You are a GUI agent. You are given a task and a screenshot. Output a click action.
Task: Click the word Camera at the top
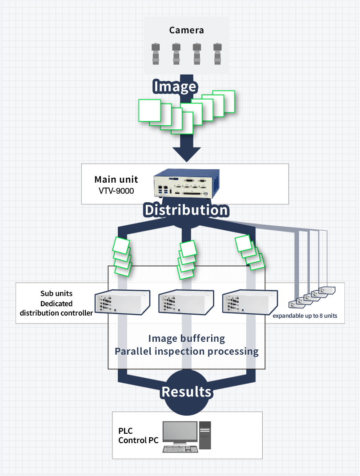[186, 30]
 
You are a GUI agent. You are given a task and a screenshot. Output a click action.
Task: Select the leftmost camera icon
[156, 54]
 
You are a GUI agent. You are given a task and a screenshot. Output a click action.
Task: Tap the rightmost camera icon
[217, 54]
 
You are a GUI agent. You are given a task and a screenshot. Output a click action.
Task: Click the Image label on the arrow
[175, 86]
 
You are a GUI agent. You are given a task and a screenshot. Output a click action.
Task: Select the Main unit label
[116, 180]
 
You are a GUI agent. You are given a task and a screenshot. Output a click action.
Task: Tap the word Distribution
[186, 210]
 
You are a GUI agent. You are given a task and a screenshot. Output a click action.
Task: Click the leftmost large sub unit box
[121, 302]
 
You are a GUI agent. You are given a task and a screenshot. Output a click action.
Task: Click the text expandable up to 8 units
[305, 316]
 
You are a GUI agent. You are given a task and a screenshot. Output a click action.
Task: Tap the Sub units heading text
[56, 293]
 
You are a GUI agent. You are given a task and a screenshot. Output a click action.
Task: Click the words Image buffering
[186, 338]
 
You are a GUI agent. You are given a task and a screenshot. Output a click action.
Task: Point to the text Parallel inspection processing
[186, 351]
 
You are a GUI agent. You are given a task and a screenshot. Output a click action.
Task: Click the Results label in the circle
[186, 392]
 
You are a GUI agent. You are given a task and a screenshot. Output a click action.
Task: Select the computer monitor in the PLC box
[180, 432]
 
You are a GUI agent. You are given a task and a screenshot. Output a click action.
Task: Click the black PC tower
[205, 435]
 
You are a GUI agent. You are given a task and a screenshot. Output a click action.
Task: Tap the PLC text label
[125, 431]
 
